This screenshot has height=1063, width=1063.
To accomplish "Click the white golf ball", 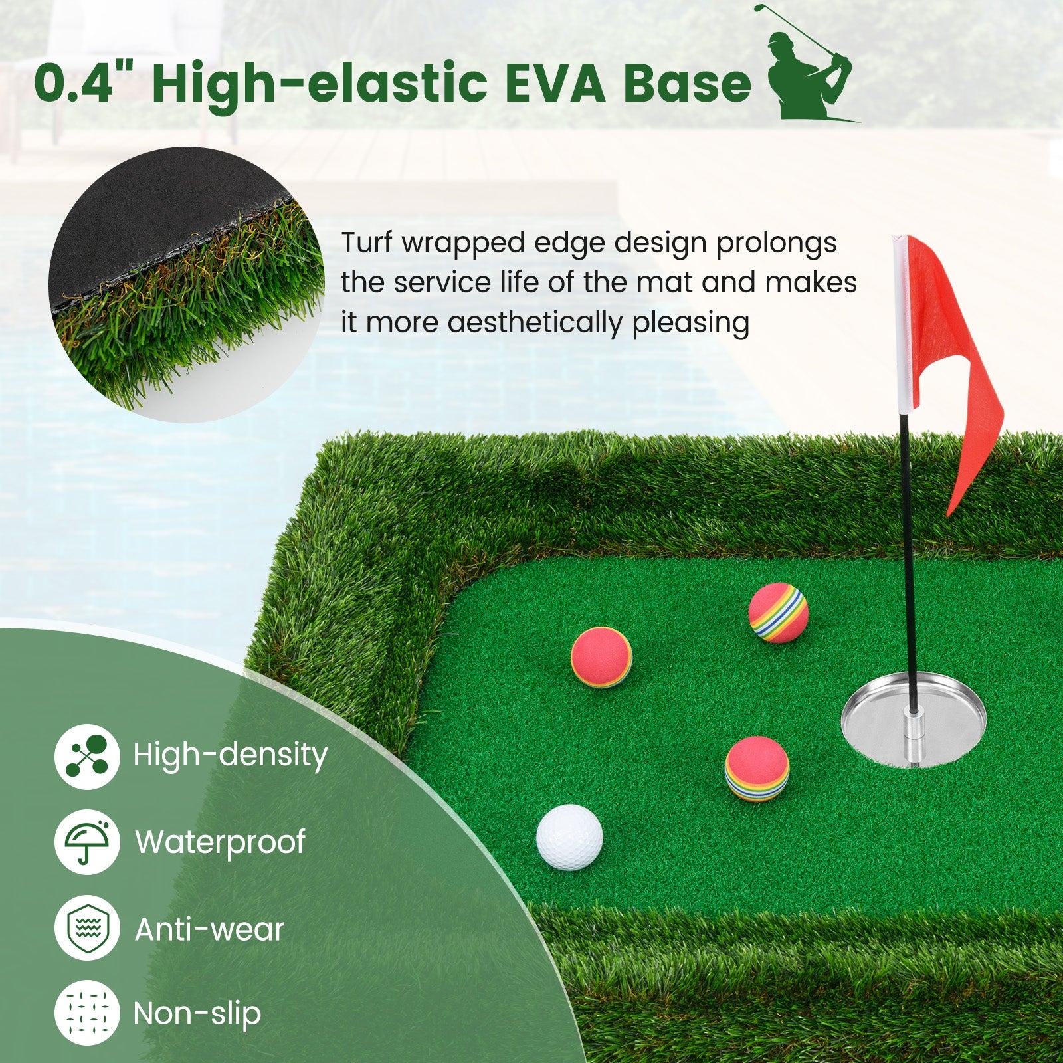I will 569,836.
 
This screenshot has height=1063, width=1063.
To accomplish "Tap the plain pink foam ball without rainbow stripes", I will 601,656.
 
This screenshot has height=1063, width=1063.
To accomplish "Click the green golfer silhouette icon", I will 808,66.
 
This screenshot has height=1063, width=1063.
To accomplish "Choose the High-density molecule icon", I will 87,756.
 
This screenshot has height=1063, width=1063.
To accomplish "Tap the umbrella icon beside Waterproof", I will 87,842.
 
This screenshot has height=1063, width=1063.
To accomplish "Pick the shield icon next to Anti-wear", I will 87,928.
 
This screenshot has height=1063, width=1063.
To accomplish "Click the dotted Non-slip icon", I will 87,1013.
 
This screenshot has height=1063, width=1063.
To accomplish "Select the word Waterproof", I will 221,842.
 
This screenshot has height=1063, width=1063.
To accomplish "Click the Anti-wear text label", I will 210,929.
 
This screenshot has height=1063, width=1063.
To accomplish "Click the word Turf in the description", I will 367,243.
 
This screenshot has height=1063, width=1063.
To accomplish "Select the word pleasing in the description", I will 690,324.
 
